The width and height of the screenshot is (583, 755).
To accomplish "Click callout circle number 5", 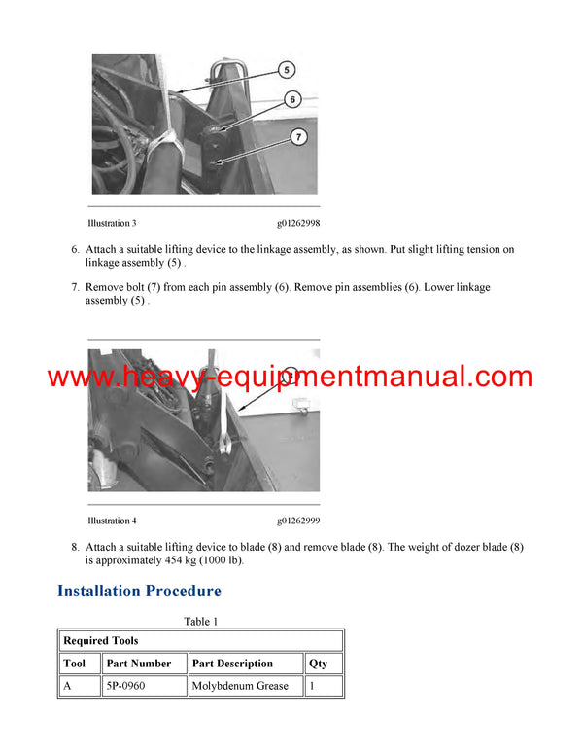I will tap(287, 70).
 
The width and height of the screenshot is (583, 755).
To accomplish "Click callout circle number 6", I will tap(293, 99).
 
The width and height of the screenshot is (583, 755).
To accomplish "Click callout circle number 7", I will tap(299, 137).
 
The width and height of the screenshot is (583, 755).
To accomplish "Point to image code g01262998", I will tap(302, 223).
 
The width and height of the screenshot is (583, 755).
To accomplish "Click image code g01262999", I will tap(302, 521).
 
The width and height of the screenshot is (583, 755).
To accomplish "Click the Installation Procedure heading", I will tap(139, 591).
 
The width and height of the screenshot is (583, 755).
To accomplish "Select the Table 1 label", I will tap(201, 621).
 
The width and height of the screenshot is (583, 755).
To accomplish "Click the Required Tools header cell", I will tap(101, 641).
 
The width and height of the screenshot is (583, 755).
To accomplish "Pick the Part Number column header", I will tap(139, 664).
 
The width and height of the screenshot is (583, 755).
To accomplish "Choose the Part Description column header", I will tap(232, 664).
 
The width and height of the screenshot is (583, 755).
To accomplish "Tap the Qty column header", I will tap(318, 664).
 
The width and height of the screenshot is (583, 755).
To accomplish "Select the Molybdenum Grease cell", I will tap(240, 686).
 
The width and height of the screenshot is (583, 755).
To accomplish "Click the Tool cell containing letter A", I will tap(68, 686).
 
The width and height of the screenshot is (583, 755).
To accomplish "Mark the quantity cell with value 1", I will tap(313, 686).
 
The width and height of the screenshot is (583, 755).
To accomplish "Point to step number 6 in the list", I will tap(75, 250).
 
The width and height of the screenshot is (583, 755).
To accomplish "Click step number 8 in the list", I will tap(75, 547).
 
